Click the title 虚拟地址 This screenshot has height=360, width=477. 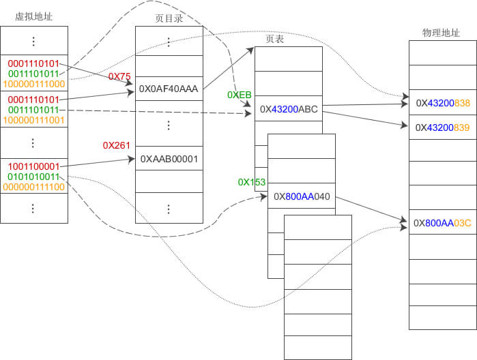click(33, 16)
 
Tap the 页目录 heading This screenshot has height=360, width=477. click(169, 18)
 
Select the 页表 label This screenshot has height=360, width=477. click(275, 39)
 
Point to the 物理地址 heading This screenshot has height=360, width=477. click(441, 33)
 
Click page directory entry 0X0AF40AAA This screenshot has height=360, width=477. click(169, 89)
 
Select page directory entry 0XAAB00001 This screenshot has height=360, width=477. click(169, 159)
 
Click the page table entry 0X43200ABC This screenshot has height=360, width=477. click(289, 109)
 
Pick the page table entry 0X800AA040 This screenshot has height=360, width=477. click(302, 196)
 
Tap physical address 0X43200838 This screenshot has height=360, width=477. click(443, 103)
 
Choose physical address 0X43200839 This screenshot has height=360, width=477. click(442, 127)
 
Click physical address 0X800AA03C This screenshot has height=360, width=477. click(442, 223)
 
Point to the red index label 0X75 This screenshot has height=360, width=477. click(119, 76)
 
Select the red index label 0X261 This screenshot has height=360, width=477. click(117, 145)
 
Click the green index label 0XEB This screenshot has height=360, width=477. click(240, 95)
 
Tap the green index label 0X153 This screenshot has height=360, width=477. click(252, 182)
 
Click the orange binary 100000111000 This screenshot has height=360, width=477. click(34, 84)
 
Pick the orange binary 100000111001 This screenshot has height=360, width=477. click(33, 120)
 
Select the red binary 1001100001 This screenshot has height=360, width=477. click(33, 166)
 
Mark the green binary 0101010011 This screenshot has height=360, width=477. click(33, 177)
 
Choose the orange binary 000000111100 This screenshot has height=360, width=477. click(33, 187)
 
